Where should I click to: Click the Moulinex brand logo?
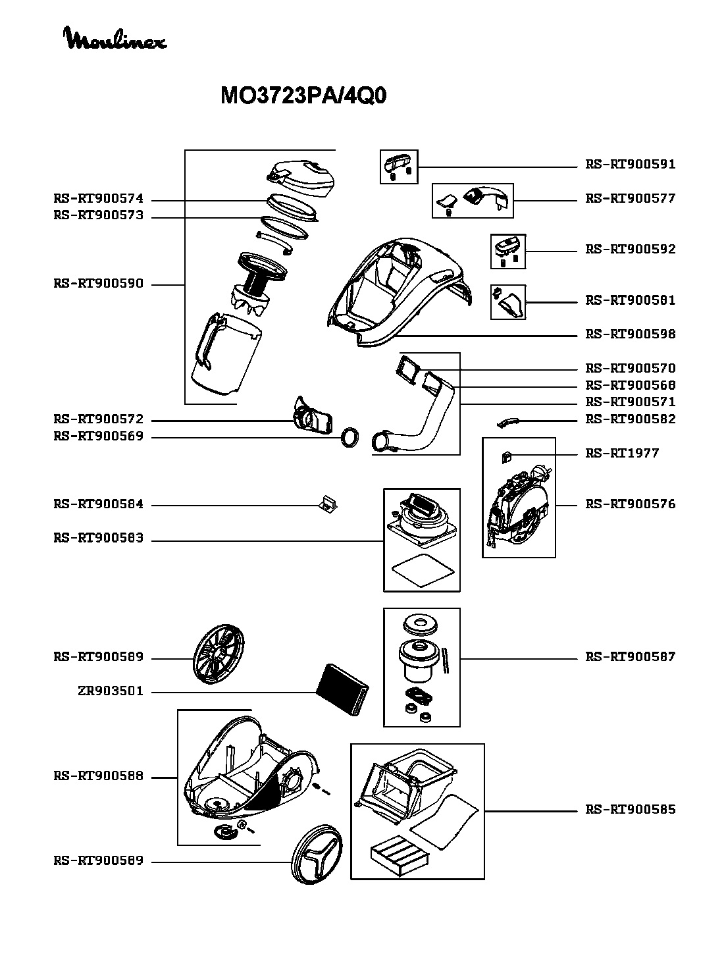(x=115, y=39)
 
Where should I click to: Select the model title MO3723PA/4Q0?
(x=303, y=95)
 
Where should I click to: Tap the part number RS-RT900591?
(x=630, y=165)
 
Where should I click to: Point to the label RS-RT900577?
(x=630, y=199)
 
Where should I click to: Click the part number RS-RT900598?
(x=630, y=334)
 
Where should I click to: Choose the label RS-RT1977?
(x=622, y=453)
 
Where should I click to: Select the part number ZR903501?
(x=111, y=691)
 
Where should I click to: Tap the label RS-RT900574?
(x=99, y=199)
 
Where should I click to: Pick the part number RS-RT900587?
(x=630, y=657)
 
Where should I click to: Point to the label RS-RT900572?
(x=99, y=419)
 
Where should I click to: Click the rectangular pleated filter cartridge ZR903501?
(x=342, y=689)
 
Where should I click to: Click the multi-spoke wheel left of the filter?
(x=219, y=654)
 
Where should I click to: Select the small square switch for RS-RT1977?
(x=505, y=457)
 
